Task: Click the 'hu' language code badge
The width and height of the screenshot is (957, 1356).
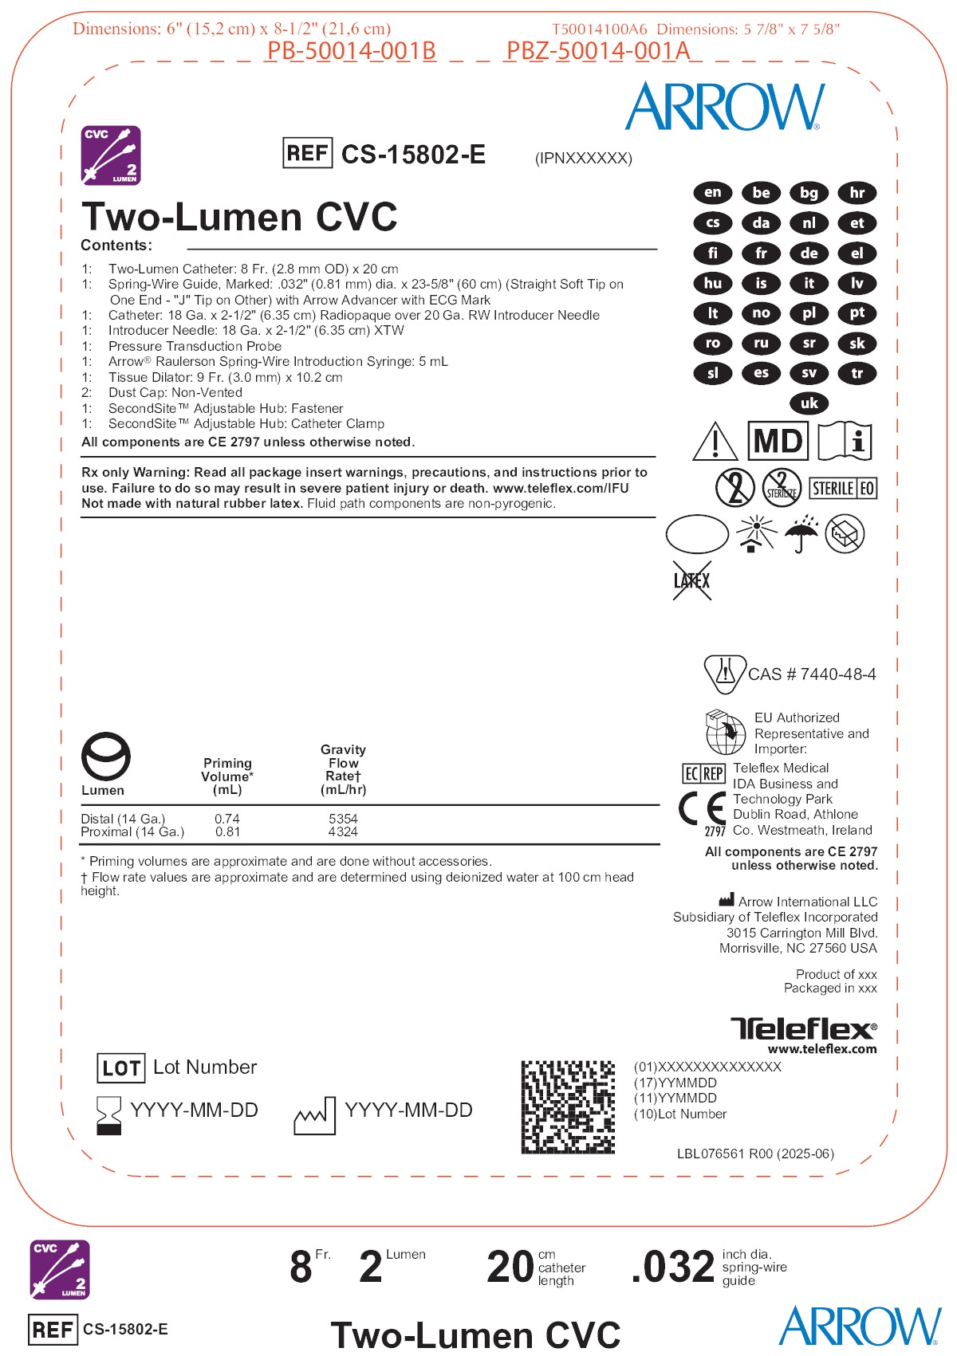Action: click(713, 283)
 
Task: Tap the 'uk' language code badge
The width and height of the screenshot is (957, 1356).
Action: click(809, 403)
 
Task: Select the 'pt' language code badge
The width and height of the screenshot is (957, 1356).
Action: click(857, 313)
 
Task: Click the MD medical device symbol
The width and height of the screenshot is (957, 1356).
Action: click(778, 441)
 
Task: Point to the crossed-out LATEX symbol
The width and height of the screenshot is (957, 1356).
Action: click(691, 580)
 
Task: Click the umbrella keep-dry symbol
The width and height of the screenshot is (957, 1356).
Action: click(801, 534)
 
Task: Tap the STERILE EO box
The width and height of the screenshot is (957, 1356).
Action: click(843, 489)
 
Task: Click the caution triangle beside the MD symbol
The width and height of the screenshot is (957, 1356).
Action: click(715, 442)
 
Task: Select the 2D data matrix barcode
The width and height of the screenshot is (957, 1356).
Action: click(568, 1106)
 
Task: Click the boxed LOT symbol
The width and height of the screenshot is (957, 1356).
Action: click(121, 1068)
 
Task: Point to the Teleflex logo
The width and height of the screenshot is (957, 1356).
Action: click(803, 1028)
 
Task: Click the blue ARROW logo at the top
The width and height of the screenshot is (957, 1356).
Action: click(724, 107)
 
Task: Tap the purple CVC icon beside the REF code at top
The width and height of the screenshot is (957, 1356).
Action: click(112, 155)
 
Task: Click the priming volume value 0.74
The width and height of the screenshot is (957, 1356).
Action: click(227, 819)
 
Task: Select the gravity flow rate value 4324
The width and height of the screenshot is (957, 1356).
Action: click(343, 832)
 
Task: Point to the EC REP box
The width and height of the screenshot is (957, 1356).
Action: click(703, 773)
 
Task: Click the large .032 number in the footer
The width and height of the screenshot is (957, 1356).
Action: click(673, 1267)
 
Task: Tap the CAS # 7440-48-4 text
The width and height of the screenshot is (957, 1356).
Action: click(812, 674)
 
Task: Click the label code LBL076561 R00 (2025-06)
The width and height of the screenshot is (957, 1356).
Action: click(755, 1154)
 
